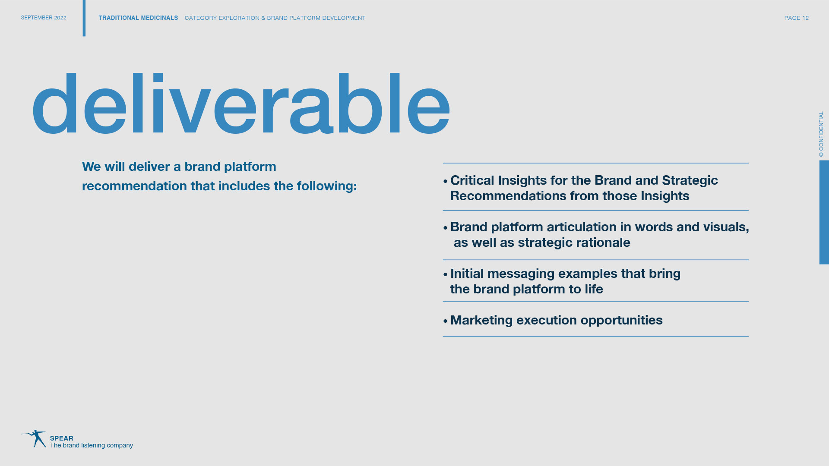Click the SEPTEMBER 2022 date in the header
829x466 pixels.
click(x=44, y=18)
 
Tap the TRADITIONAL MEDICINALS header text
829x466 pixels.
click(x=138, y=18)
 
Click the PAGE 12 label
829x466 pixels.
click(x=797, y=18)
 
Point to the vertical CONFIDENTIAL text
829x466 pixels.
click(x=821, y=134)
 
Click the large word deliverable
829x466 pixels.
click(x=241, y=103)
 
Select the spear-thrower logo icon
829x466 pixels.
click(x=34, y=438)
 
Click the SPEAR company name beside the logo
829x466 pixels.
click(x=62, y=438)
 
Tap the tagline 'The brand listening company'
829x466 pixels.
click(x=92, y=445)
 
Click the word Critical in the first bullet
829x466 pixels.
click(x=472, y=180)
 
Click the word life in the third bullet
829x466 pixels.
click(x=594, y=289)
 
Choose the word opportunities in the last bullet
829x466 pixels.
click(x=621, y=320)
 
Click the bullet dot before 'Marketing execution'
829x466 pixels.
click(x=446, y=321)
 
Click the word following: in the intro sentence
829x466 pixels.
click(x=327, y=186)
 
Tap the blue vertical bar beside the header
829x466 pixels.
click(x=84, y=18)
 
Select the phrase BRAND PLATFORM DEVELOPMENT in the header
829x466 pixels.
click(x=316, y=18)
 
